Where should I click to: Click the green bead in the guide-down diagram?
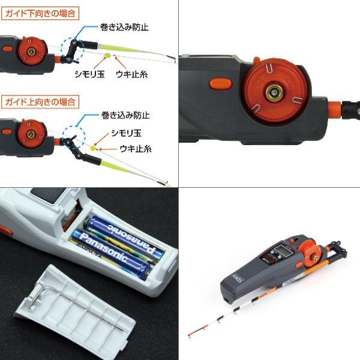[x=107, y=55]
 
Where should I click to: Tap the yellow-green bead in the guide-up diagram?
[x=94, y=146]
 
